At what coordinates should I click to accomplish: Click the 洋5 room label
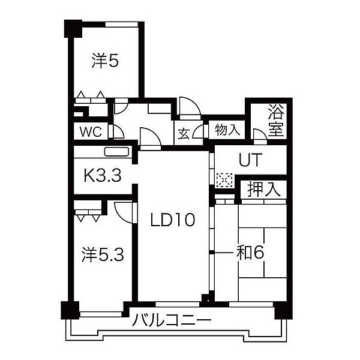coord(105,60)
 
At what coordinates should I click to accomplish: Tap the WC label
coord(91,132)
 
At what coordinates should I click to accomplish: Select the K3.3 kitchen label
coord(103,175)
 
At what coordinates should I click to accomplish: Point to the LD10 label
coord(172,220)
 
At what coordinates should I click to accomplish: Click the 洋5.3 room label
coord(103,254)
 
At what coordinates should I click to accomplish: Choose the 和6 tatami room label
coord(250,253)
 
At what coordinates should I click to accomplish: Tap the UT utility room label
coord(250,160)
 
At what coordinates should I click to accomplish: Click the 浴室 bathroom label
coord(276,121)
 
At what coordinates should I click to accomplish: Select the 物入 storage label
coord(227,130)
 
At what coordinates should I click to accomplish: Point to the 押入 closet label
coord(264,190)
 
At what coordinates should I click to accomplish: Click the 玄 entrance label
coord(184,134)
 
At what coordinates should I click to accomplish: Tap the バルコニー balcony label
coord(172,320)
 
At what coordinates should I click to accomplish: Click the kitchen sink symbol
coord(116,152)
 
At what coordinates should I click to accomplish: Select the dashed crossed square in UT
coord(224,180)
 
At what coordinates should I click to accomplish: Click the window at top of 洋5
coord(122,25)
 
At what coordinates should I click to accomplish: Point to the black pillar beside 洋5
coord(73,29)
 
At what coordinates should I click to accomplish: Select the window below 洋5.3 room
coord(101,314)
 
